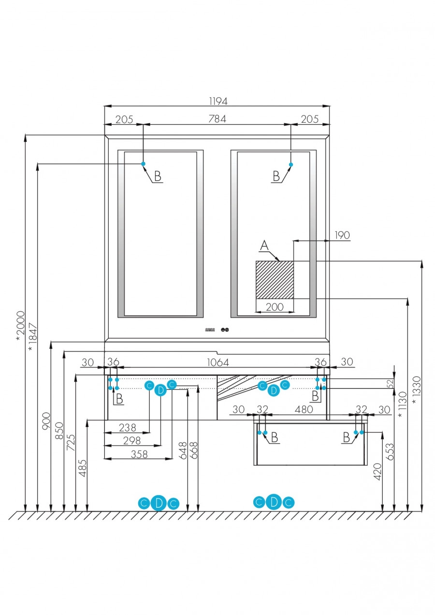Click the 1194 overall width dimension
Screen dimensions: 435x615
point(218,101)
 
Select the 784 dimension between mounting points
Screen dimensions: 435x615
point(217,119)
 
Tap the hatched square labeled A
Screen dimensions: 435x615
point(275,280)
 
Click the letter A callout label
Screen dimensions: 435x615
point(264,246)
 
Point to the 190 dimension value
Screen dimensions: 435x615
point(342,235)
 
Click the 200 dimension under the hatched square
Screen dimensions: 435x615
point(275,307)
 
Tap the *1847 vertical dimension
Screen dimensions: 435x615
point(32,336)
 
